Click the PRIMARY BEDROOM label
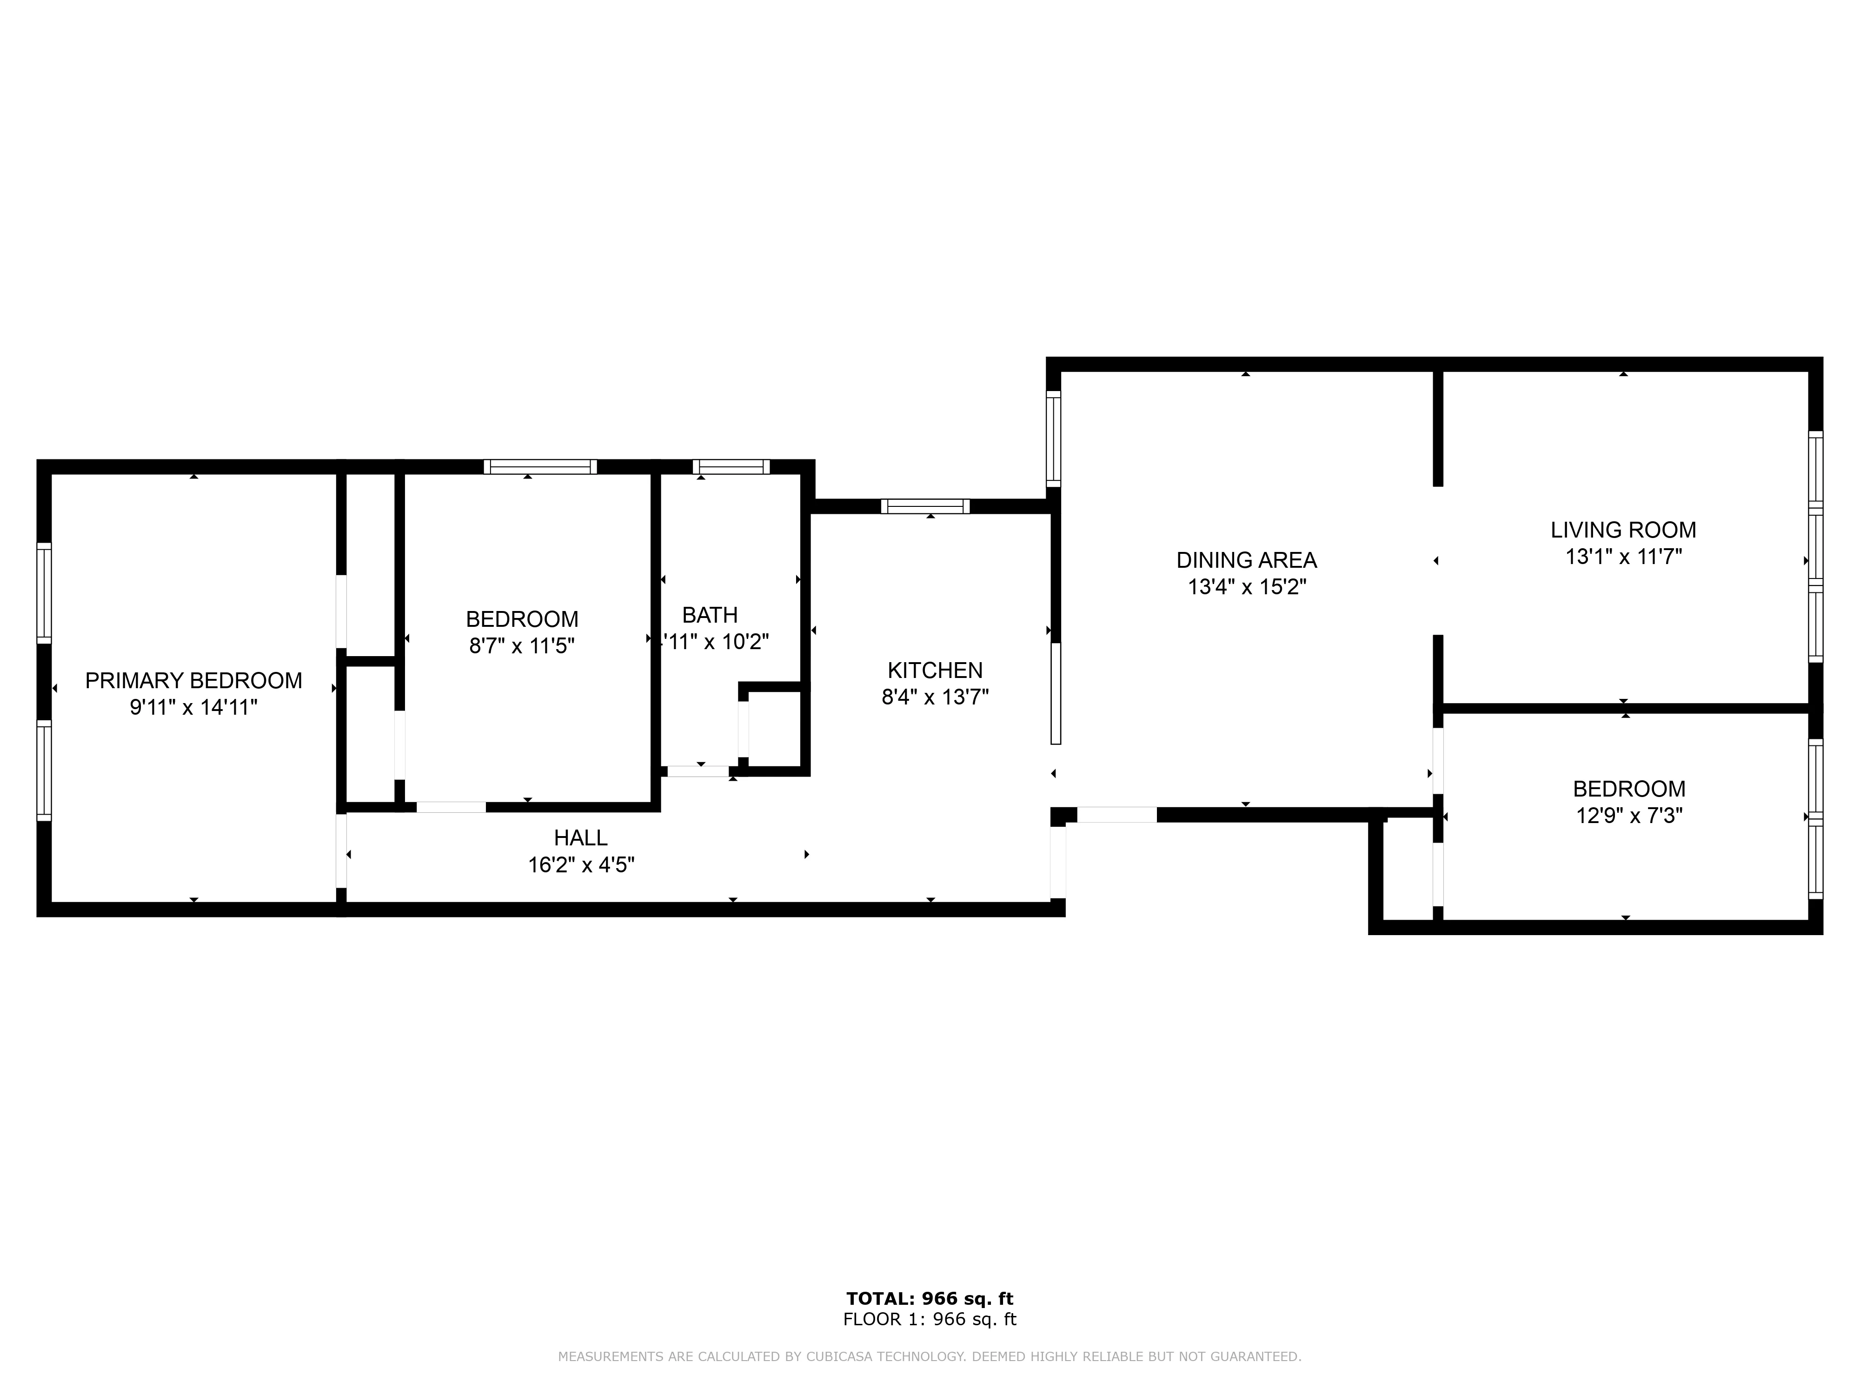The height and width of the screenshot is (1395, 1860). pos(193,680)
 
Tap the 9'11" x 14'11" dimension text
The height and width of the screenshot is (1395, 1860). pos(193,707)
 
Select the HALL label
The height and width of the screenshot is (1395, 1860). pos(580,837)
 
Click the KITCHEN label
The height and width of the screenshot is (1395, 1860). pos(935,670)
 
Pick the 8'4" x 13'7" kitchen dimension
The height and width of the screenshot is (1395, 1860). pos(935,697)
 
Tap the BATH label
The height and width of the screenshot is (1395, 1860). pos(710,615)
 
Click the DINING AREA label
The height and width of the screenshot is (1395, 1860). pos(1246,560)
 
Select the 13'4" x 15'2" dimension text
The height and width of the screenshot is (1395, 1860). pos(1246,587)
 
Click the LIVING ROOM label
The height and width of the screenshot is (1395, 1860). pos(1623,530)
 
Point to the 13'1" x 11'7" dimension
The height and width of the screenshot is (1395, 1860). pos(1623,557)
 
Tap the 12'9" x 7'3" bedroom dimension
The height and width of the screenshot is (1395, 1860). pos(1629,816)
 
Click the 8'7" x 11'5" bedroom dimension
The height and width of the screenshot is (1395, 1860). pos(521,646)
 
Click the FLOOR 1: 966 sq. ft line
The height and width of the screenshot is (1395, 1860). pos(929,1319)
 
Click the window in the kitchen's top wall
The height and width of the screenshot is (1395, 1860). pos(925,506)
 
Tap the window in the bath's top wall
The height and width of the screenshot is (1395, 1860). pos(731,467)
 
